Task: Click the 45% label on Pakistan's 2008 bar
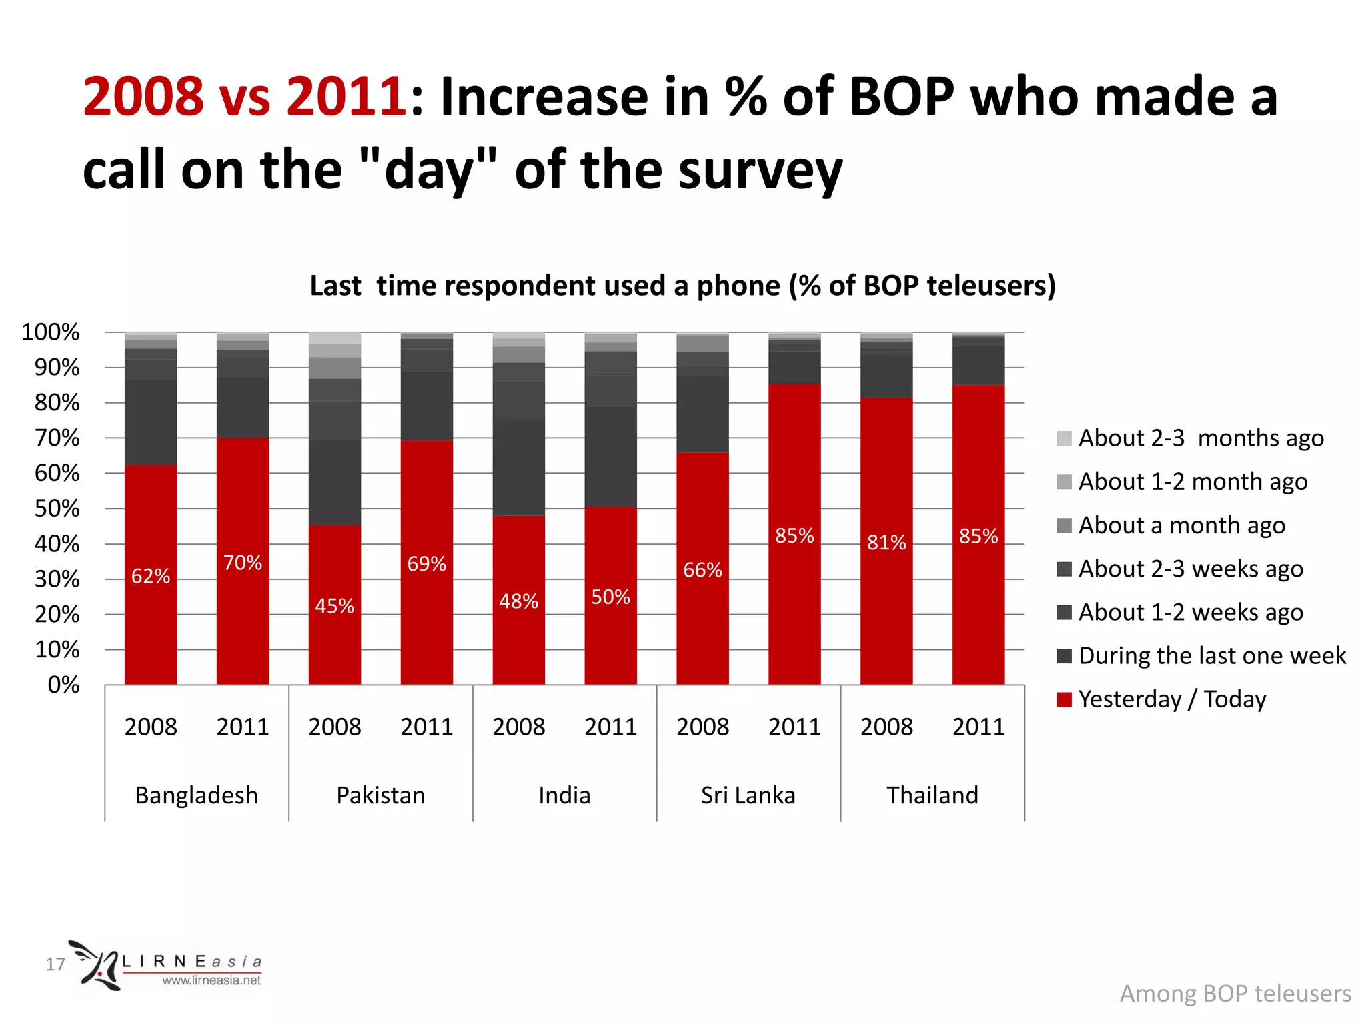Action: coord(334,606)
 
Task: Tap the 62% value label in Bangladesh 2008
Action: coord(151,576)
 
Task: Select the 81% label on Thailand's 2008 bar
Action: coord(886,542)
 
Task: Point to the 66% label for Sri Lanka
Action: coord(702,570)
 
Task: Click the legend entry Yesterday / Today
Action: coord(1171,699)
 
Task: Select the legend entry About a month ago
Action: coord(1181,525)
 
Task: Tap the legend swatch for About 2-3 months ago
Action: coord(1064,438)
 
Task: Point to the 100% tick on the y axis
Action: coord(51,332)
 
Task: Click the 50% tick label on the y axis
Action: coord(57,508)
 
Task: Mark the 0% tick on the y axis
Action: coord(63,685)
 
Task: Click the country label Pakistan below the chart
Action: coord(380,795)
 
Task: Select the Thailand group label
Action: coord(932,795)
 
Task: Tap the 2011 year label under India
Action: coord(610,727)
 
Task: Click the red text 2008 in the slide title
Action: coord(143,97)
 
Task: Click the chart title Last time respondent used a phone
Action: coord(682,286)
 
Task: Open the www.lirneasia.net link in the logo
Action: coord(211,980)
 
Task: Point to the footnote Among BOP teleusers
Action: coord(1235,993)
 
